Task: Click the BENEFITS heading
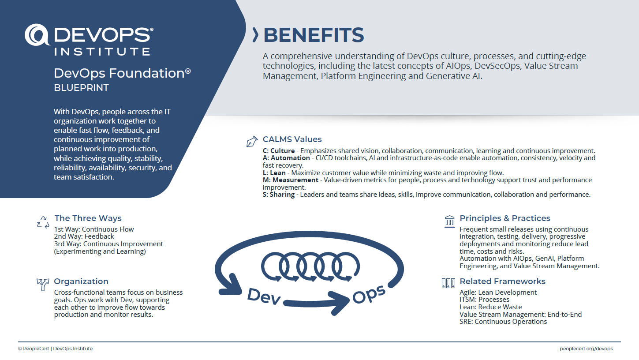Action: pos(314,35)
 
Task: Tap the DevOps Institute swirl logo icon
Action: pos(37,35)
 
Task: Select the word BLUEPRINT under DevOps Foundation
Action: pos(81,88)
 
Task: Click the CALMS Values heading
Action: pos(292,139)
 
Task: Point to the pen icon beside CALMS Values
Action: pos(252,141)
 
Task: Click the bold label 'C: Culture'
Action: pos(279,151)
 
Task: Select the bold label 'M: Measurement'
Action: pos(291,180)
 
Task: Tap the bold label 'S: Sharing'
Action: pos(279,195)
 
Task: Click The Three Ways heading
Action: pos(88,218)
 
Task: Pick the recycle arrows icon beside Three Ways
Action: pos(43,222)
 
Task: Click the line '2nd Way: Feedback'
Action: pos(84,236)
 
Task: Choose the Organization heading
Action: pos(81,281)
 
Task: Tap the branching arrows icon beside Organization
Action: pos(43,285)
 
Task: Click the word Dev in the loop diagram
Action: pos(264,296)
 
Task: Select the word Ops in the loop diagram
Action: pos(369,294)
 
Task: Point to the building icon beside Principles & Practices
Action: pos(449,221)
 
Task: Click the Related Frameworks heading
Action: pos(502,281)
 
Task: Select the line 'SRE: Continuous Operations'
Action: pos(503,322)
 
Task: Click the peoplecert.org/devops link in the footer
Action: pos(586,349)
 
